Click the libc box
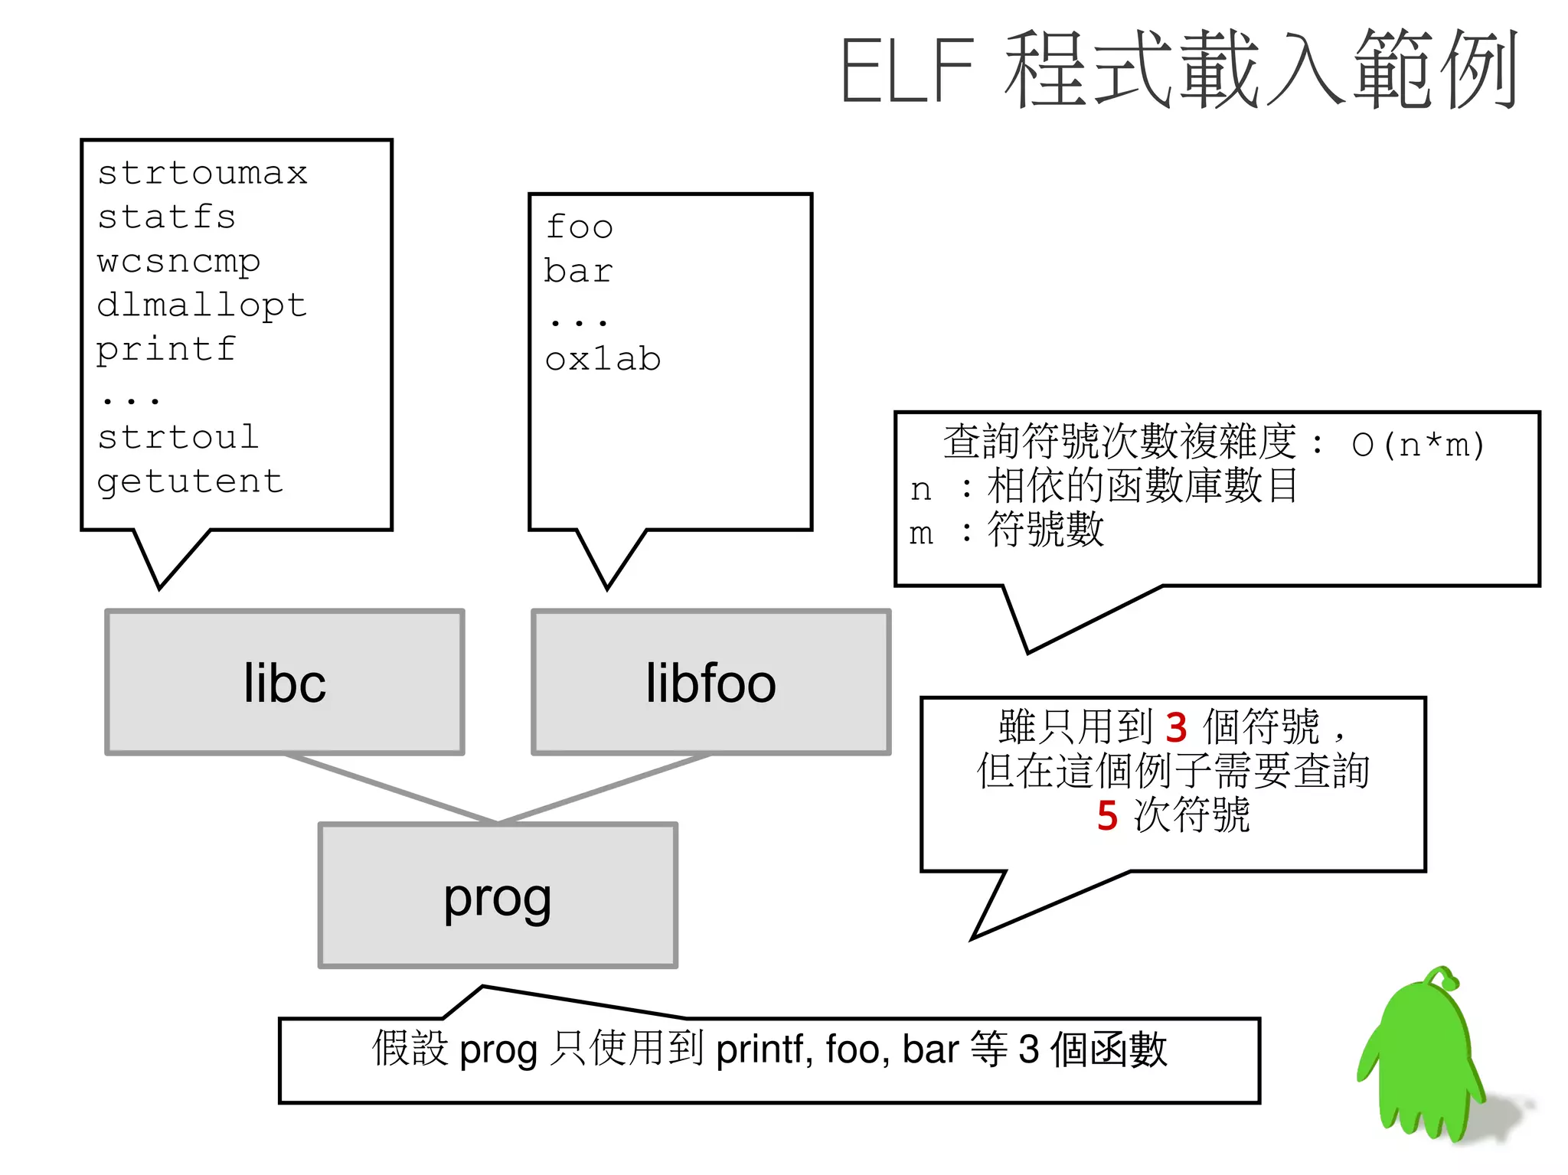[285, 682]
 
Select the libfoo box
[711, 682]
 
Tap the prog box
[498, 896]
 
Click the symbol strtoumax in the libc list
[202, 173]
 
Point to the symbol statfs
[166, 217]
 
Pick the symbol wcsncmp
[178, 262]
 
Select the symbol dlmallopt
[202, 305]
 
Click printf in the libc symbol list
[166, 350]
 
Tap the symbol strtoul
[178, 438]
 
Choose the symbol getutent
[190, 481]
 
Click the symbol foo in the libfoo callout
[579, 227]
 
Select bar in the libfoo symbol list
[579, 271]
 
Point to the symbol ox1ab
[603, 359]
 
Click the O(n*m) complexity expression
[1418, 445]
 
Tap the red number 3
[1176, 727]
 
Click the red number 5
[1107, 815]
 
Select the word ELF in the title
[907, 70]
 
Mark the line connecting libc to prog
[390, 788]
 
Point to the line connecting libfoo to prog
[605, 788]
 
